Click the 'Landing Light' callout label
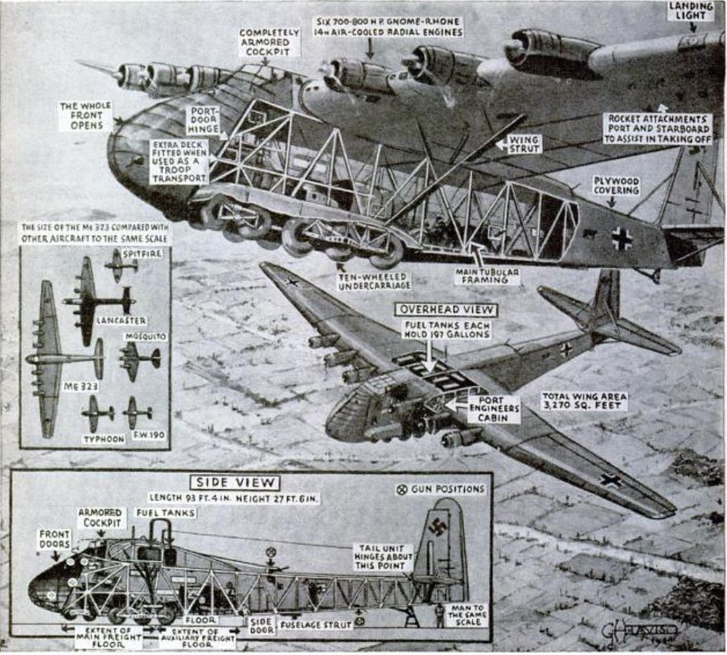click(x=691, y=10)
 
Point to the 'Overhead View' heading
click(x=446, y=309)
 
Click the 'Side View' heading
click(x=234, y=483)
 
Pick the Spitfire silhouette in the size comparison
click(x=121, y=264)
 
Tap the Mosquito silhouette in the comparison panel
click(x=139, y=359)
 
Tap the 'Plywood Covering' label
click(x=617, y=185)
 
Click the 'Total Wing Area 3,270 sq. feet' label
click(x=584, y=401)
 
